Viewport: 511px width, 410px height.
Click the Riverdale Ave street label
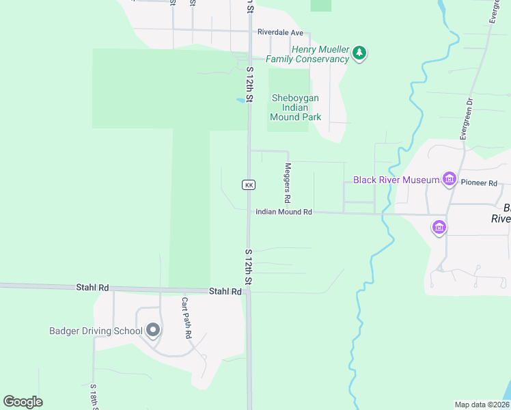[280, 32]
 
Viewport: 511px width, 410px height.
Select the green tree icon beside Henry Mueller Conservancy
[360, 53]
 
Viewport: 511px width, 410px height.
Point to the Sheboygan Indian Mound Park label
[296, 107]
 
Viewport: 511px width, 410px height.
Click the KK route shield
[249, 185]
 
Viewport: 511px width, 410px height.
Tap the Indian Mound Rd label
[284, 213]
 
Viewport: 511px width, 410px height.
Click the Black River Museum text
[396, 180]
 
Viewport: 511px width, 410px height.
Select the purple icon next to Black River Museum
[449, 180]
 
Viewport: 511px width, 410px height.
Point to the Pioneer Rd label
[479, 183]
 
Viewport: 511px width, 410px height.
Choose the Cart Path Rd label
[185, 318]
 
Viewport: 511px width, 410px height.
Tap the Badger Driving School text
[96, 331]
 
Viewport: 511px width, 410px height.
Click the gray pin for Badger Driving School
[153, 331]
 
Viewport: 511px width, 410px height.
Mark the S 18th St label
[94, 396]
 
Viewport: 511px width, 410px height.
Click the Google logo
[23, 402]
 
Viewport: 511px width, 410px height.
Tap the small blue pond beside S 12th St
[240, 100]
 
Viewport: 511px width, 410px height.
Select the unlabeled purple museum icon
[439, 227]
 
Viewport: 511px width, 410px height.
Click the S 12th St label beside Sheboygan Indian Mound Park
[250, 85]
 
